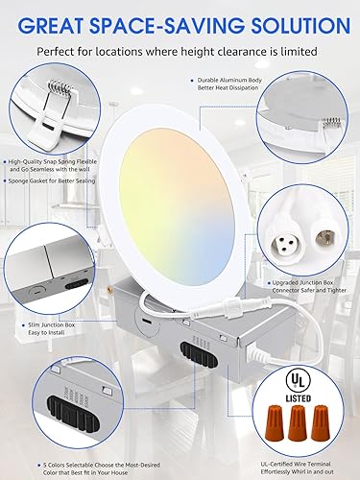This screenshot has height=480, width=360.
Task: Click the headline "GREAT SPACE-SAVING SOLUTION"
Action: [180, 20]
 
